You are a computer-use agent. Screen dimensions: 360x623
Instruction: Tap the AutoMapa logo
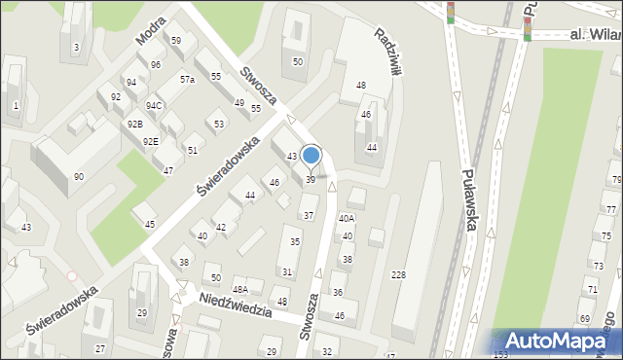click(554, 341)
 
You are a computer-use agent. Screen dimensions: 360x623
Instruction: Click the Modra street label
click(150, 33)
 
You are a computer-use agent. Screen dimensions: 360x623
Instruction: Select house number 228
click(398, 276)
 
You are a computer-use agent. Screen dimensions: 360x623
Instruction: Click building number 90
click(79, 176)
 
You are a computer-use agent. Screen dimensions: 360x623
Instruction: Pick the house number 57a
click(187, 79)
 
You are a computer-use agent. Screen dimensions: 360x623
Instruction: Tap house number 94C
click(154, 105)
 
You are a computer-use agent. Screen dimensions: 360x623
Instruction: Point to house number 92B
click(134, 124)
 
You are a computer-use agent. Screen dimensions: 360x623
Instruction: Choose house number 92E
click(151, 141)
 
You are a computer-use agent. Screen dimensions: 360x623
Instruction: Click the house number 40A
click(347, 219)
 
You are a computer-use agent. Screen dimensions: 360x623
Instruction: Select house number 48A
click(239, 289)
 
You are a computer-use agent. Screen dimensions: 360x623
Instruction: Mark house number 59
click(176, 40)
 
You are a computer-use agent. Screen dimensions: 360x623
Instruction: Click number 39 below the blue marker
click(311, 179)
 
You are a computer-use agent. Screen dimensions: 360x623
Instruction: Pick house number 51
click(193, 150)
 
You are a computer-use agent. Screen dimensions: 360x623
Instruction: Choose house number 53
click(219, 124)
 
